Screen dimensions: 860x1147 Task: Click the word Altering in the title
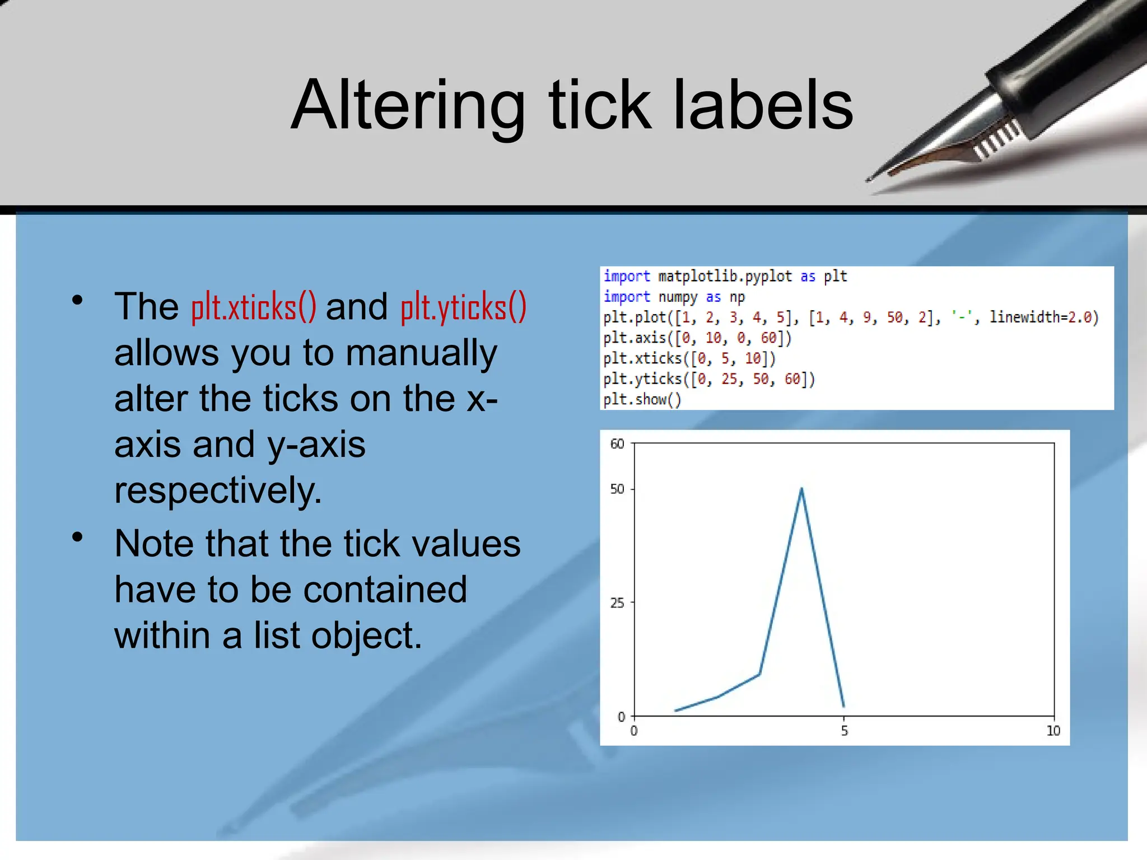(x=408, y=106)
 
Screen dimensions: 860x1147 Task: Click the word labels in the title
(x=763, y=105)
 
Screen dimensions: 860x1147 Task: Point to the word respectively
(x=218, y=490)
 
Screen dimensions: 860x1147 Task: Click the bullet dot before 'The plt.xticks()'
(x=77, y=301)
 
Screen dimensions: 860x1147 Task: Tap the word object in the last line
(x=366, y=636)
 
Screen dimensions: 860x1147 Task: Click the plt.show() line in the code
(x=642, y=400)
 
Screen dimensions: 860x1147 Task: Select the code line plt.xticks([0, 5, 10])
(x=689, y=358)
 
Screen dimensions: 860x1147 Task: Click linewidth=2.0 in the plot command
(x=1043, y=317)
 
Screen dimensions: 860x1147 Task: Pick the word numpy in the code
(x=678, y=297)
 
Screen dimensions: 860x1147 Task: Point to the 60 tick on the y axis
(x=617, y=444)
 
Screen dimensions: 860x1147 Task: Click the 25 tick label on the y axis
(x=617, y=603)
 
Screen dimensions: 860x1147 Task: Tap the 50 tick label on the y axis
(x=617, y=489)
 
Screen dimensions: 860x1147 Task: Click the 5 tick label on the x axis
(x=844, y=731)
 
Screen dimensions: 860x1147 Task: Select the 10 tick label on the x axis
(x=1053, y=731)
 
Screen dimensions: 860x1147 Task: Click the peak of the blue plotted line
(x=801, y=489)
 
